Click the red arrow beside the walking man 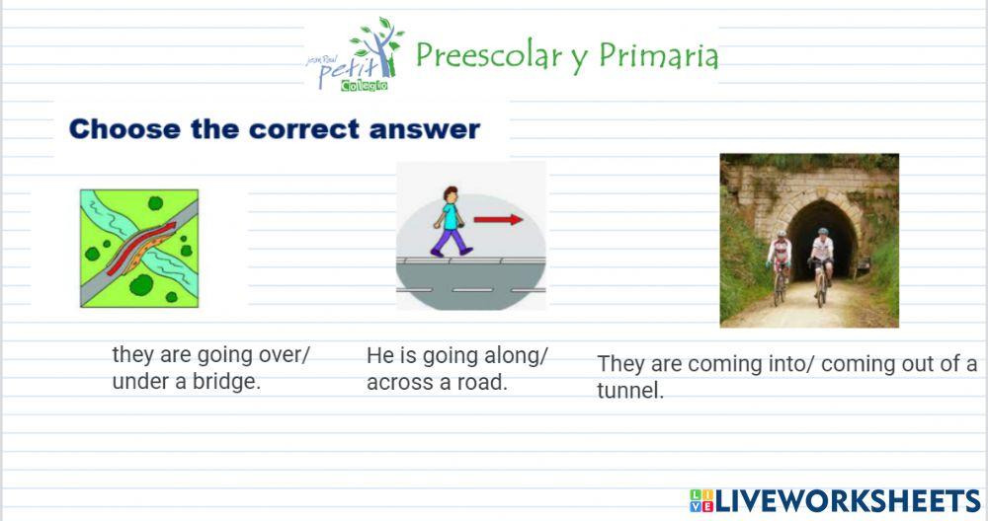tap(498, 220)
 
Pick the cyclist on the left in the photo tap(780, 260)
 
